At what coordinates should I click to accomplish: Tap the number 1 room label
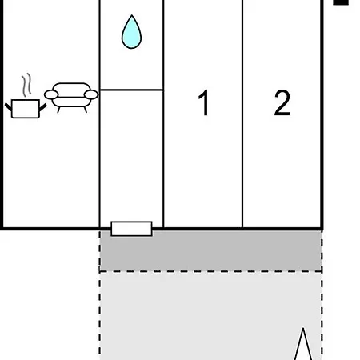click(x=204, y=102)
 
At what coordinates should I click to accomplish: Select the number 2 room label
click(x=282, y=102)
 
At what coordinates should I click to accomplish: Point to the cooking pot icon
click(x=26, y=109)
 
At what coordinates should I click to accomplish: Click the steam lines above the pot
click(x=26, y=85)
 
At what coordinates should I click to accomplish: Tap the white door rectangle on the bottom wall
click(x=131, y=229)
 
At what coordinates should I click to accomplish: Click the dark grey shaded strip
click(x=210, y=250)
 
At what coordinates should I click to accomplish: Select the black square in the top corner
click(x=341, y=2)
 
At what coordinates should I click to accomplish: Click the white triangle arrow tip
click(x=303, y=328)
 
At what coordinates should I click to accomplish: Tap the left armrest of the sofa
click(x=51, y=94)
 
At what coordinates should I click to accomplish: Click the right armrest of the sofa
click(x=91, y=94)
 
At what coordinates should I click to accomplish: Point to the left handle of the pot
click(x=8, y=107)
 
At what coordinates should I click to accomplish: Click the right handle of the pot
click(x=43, y=107)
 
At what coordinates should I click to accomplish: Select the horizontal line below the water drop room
click(x=131, y=90)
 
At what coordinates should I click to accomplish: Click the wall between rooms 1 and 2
click(x=242, y=114)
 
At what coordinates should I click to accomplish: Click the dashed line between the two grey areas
click(x=210, y=271)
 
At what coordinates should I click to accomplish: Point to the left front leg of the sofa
click(x=58, y=110)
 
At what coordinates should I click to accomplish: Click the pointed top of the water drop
click(x=131, y=15)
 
